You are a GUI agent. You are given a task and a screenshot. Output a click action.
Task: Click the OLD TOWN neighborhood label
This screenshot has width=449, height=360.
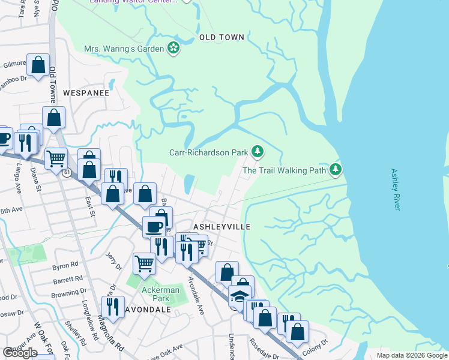pyautogui.click(x=221, y=37)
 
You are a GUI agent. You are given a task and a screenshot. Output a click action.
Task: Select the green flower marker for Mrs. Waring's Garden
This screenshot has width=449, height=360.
pyautogui.click(x=173, y=48)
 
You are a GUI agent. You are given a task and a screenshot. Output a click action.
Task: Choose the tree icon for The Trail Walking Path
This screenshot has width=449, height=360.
pyautogui.click(x=336, y=170)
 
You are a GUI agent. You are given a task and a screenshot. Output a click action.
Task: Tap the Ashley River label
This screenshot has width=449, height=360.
pyautogui.click(x=395, y=189)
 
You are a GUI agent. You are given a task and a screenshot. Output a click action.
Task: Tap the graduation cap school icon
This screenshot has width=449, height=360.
pyautogui.click(x=239, y=296)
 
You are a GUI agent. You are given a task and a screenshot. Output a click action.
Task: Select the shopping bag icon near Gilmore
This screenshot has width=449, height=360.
pyautogui.click(x=38, y=65)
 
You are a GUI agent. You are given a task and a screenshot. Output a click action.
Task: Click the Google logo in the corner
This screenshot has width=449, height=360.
pyautogui.click(x=20, y=352)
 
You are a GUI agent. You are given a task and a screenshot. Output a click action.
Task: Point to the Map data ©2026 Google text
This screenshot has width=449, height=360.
pyautogui.click(x=412, y=355)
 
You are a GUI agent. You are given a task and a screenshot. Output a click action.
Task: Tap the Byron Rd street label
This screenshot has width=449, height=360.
pyautogui.click(x=66, y=265)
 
